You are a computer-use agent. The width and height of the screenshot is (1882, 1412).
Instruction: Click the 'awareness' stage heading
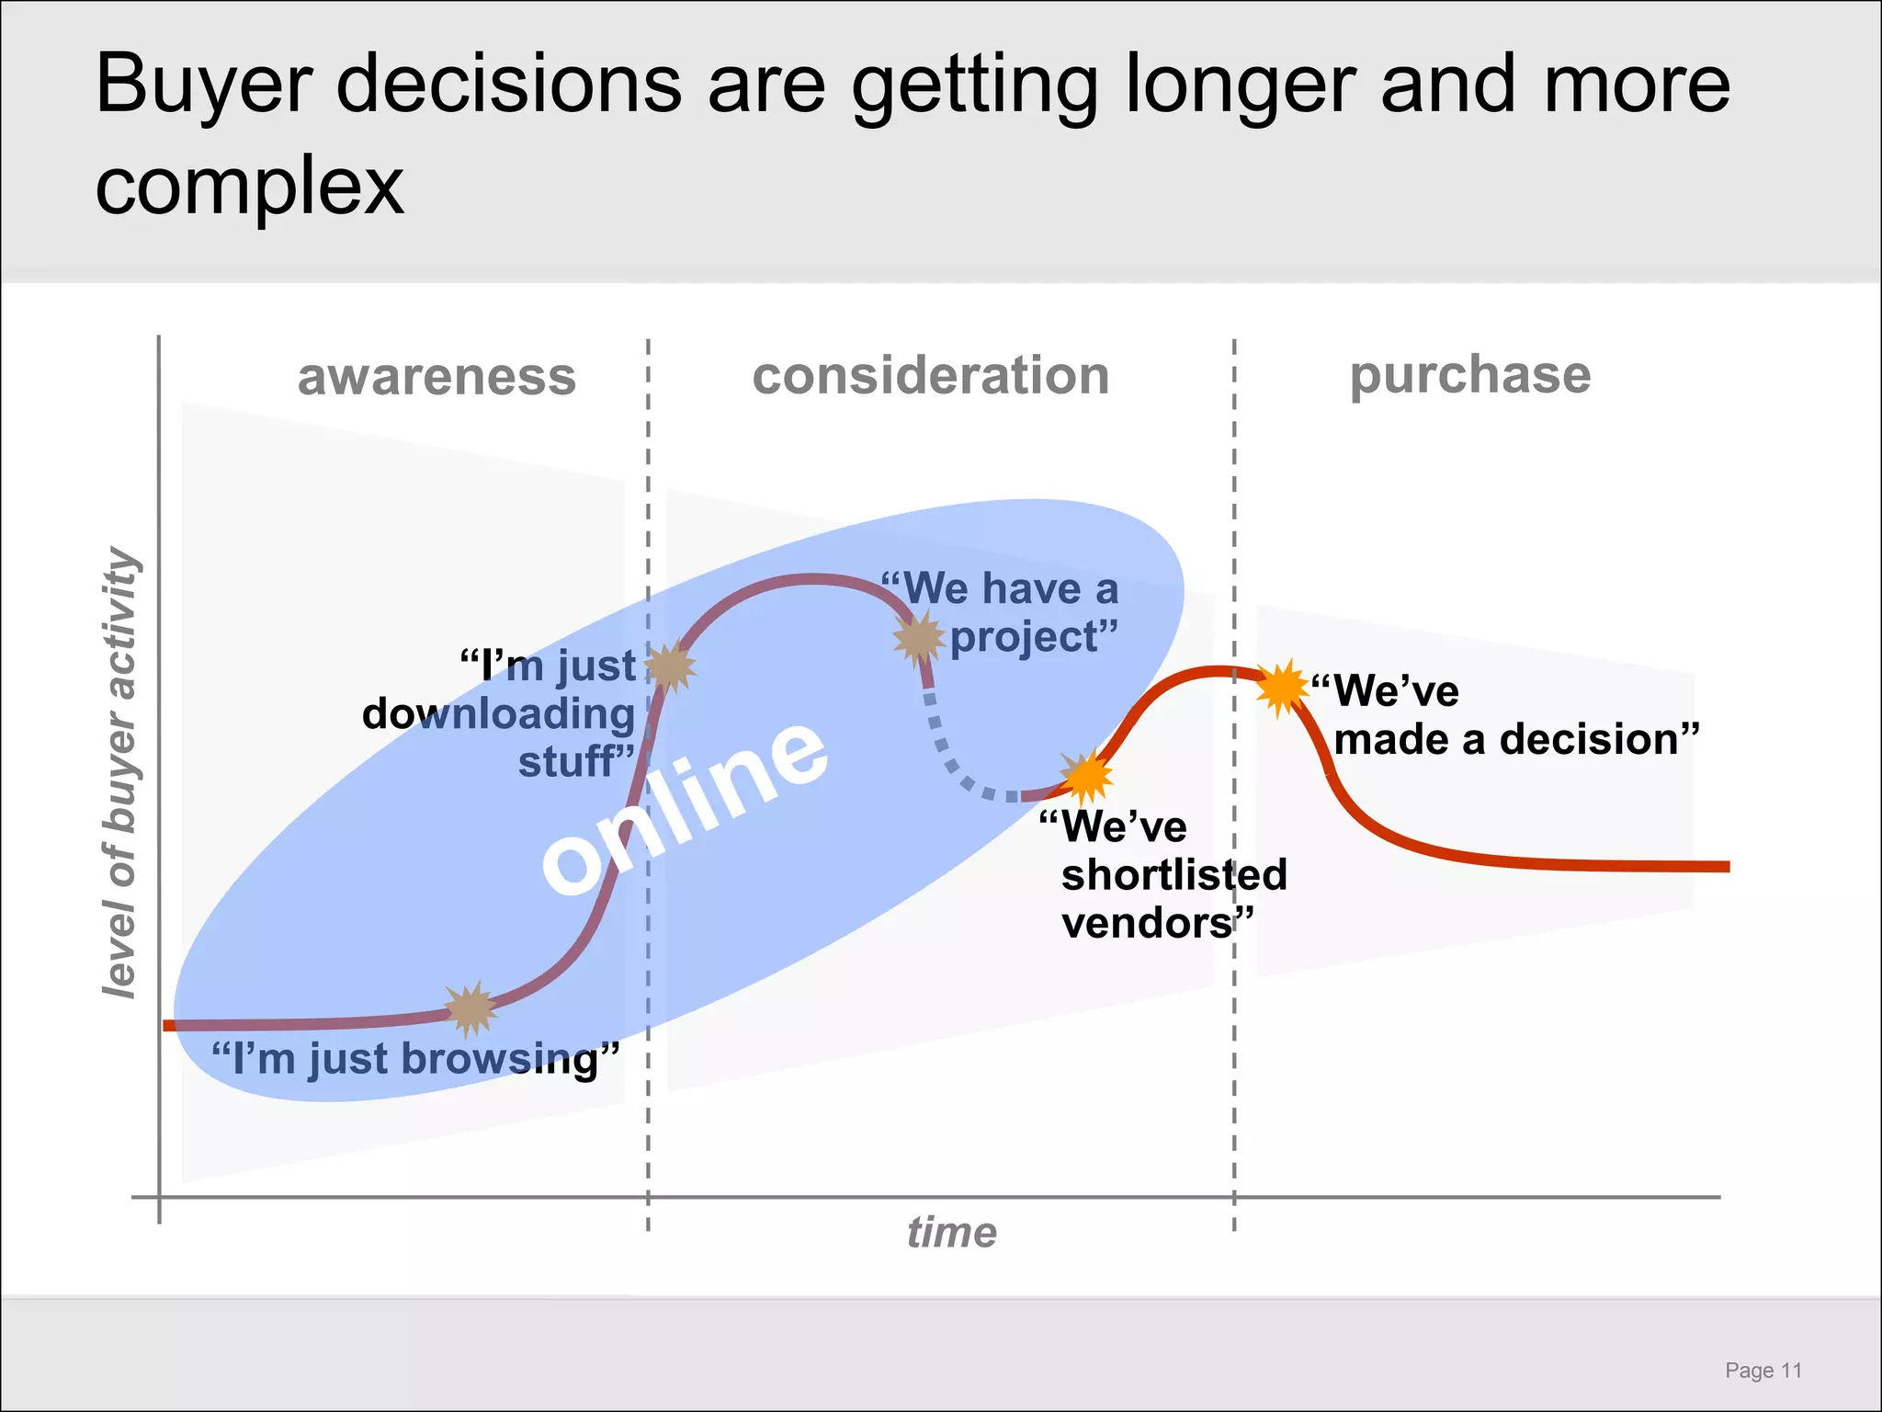point(436,377)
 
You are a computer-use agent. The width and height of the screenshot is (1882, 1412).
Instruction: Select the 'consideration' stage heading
point(931,376)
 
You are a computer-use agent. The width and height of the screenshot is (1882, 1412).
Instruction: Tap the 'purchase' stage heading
point(1469,375)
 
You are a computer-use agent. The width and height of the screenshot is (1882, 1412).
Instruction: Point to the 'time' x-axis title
point(951,1233)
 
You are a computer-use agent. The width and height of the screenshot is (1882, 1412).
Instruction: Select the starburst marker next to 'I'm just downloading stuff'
point(670,666)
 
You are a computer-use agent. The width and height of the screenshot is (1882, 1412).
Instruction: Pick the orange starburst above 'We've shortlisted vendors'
point(1086,777)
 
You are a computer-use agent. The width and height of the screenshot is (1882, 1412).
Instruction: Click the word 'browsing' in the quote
point(500,1059)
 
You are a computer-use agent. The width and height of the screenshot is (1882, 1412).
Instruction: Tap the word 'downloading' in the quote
point(498,714)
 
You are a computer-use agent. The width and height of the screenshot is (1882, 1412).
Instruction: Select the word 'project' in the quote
point(1024,637)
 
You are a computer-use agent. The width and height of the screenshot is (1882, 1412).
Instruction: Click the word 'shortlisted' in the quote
point(1173,874)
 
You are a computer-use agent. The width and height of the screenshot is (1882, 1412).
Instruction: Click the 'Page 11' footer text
point(1763,1371)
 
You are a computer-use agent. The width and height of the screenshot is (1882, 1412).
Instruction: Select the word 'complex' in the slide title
point(249,186)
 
